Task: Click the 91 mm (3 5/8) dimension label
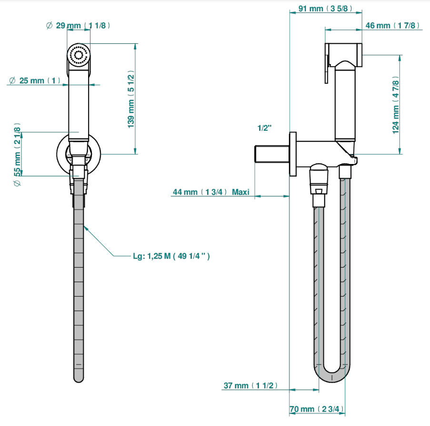point(325,9)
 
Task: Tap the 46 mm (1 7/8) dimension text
point(392,26)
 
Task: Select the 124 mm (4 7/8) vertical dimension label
point(395,105)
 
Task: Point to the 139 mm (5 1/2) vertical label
point(131,99)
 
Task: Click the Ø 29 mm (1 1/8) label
point(78,26)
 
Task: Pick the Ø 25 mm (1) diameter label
point(35,80)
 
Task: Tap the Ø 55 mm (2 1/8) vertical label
point(17,155)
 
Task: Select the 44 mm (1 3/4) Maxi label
point(211,192)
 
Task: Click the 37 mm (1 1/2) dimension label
point(250,386)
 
